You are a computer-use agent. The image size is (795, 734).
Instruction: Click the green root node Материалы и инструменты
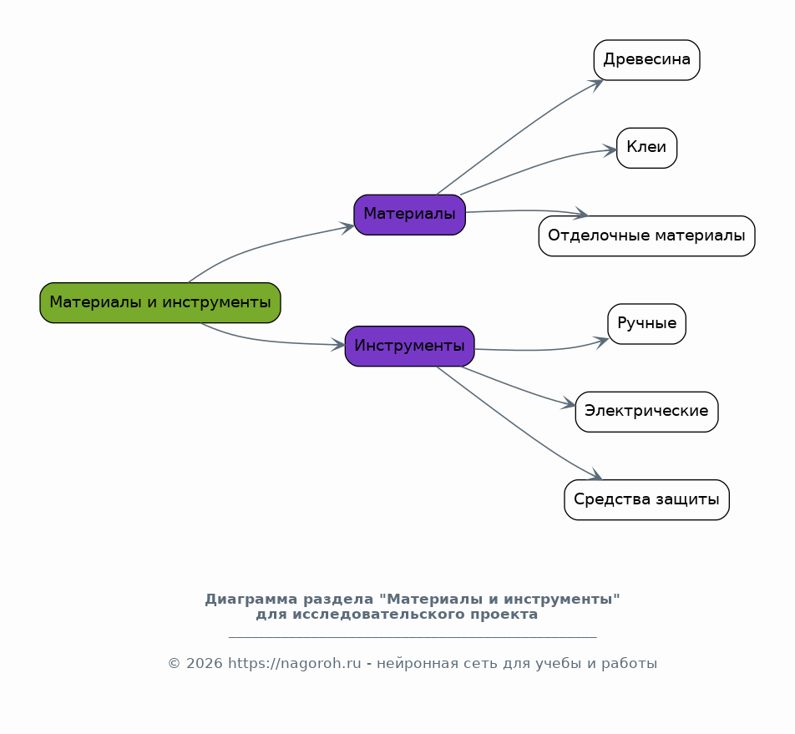tap(160, 302)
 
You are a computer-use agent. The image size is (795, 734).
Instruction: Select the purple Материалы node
tap(409, 215)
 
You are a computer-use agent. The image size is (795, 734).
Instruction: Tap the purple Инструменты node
tap(409, 346)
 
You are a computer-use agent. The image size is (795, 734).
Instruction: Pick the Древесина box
tap(646, 60)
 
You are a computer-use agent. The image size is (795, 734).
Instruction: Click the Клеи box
tap(646, 148)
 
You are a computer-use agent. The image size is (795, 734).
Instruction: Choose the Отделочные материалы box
tap(646, 235)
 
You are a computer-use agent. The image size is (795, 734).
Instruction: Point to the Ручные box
tap(646, 324)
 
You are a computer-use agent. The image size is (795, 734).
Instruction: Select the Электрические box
tap(646, 412)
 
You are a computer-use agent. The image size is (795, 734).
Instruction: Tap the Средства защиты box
tap(646, 500)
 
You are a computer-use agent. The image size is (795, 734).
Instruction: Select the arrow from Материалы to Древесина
tap(518, 134)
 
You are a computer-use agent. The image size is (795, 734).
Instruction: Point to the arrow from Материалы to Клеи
tap(534, 165)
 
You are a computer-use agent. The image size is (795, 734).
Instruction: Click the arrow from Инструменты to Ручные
tap(543, 350)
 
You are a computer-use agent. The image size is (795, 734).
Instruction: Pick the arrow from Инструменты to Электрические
tap(518, 387)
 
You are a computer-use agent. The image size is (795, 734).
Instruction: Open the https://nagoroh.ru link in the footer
tap(294, 664)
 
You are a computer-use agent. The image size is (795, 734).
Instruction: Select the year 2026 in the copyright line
tap(205, 664)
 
